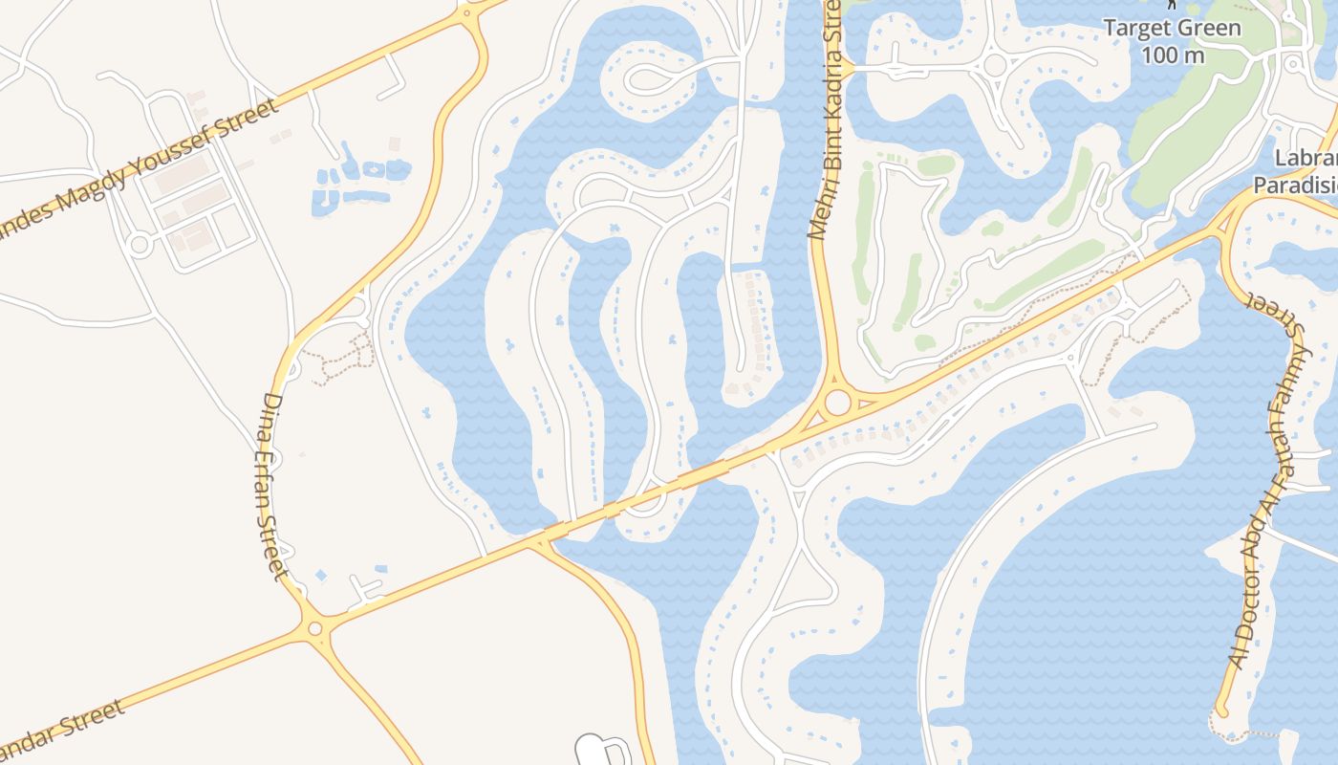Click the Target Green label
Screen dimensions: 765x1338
point(1173,27)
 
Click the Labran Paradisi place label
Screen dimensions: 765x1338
point(1295,172)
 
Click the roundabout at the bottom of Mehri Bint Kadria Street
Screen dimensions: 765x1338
point(838,402)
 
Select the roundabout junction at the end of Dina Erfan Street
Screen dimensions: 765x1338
point(314,628)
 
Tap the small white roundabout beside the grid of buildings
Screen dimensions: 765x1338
point(140,245)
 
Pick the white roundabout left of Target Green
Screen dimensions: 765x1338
point(995,65)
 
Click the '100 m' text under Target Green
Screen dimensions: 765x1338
point(1173,55)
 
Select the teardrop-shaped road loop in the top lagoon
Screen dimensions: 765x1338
point(659,76)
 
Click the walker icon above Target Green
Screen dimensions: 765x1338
point(1173,5)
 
